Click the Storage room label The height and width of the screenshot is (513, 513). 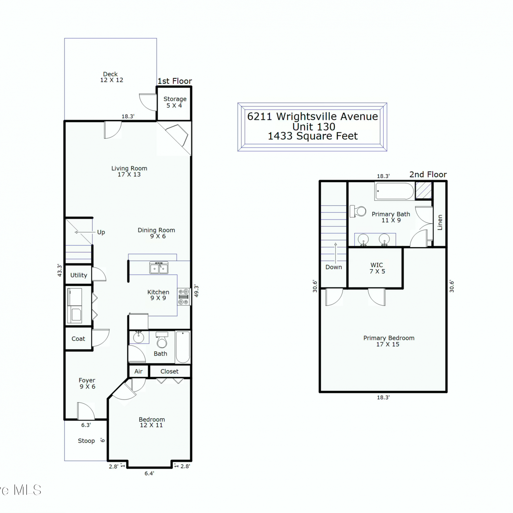point(175,102)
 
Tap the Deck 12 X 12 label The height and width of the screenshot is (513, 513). point(111,77)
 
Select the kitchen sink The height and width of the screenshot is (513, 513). point(159,268)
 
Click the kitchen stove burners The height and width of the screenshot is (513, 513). point(184,297)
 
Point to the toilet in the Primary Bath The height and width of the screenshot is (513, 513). point(358,211)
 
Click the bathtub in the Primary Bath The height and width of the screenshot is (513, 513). point(395,191)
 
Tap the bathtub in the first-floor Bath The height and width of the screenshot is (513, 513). point(183,347)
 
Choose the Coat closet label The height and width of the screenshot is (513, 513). point(78,339)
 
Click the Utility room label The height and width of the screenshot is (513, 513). point(79,275)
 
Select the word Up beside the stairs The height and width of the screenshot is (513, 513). point(101,232)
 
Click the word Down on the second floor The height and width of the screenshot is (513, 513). point(334,267)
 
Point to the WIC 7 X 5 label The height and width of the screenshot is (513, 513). point(377,268)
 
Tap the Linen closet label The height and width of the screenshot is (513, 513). point(440,222)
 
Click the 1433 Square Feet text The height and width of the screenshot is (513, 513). point(313,136)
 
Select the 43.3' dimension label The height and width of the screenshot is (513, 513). point(60,270)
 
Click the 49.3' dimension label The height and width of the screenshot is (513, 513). point(196,291)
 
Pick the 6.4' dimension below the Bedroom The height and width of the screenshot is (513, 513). point(149,473)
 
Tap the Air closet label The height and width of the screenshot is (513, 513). point(139,371)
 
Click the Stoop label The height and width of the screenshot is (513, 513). point(86,441)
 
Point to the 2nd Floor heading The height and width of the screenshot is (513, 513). point(428,174)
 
